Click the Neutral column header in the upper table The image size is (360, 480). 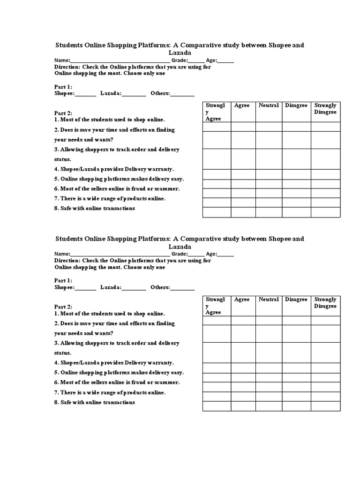[269, 105]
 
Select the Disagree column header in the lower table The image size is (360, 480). [296, 300]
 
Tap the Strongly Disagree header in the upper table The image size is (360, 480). [325, 109]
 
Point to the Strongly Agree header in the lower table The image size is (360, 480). [215, 306]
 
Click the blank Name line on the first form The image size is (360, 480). [120, 61]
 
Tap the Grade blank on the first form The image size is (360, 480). [196, 61]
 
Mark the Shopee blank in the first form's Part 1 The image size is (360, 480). [85, 94]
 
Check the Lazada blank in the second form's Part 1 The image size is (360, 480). [134, 287]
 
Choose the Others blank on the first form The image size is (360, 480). [182, 94]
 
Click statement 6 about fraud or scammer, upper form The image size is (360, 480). [117, 189]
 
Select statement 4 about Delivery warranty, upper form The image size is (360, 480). [114, 169]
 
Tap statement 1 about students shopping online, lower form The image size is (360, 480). [110, 314]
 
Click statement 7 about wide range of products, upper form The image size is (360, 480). [110, 199]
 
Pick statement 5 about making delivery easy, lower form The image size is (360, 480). [119, 373]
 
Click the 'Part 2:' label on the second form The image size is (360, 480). [63, 307]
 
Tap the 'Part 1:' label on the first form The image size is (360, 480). [63, 87]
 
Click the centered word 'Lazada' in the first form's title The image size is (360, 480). [180, 53]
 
